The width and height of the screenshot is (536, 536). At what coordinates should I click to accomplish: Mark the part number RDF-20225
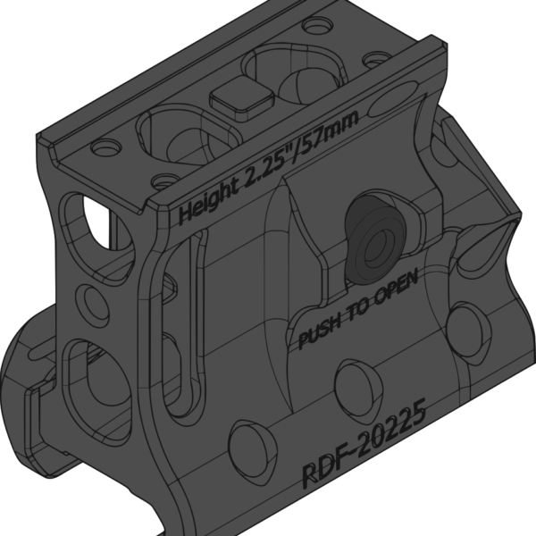point(364,443)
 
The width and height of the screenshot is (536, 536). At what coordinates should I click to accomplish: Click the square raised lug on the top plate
point(242,97)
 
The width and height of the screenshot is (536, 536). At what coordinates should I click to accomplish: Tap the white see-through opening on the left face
point(97,222)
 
